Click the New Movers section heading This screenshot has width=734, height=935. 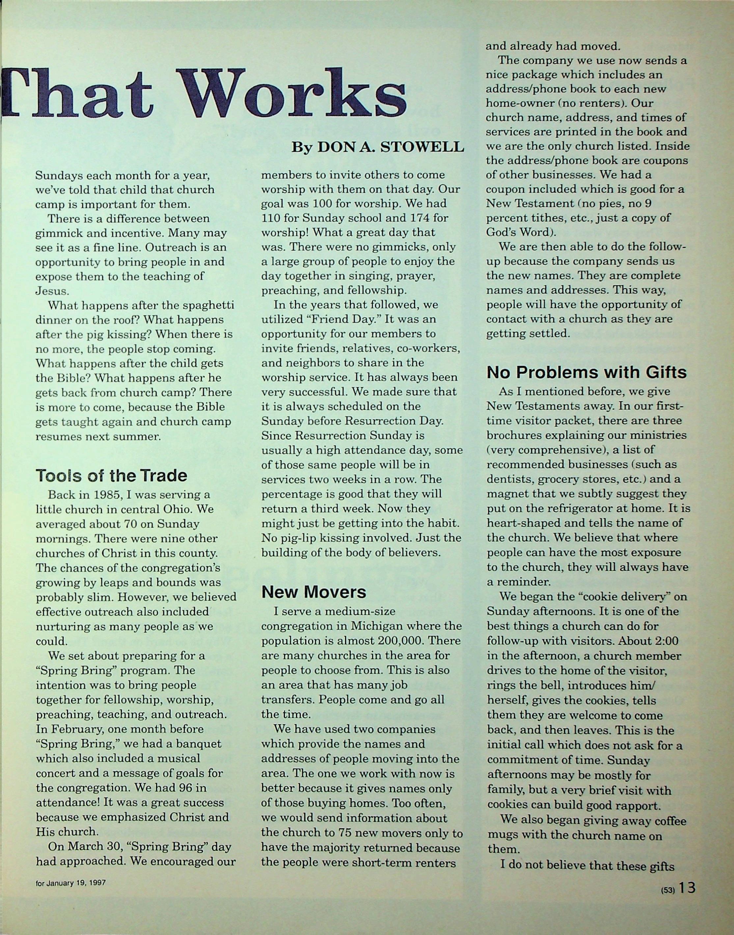[314, 592]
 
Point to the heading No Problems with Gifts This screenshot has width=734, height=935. [586, 372]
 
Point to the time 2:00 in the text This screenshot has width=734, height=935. [664, 641]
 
